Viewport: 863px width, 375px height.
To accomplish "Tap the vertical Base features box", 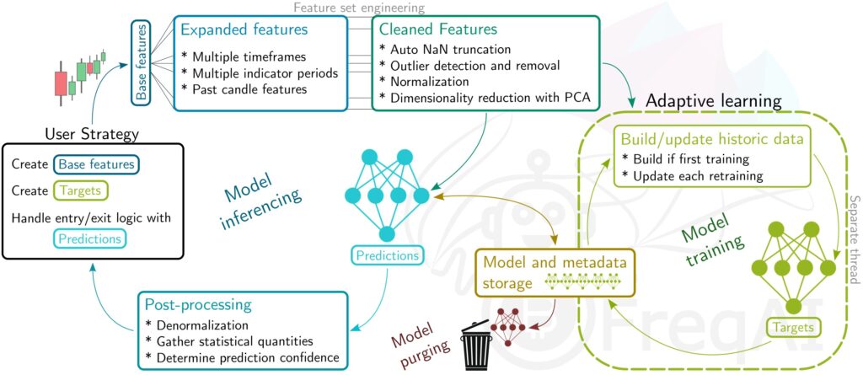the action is click(x=141, y=62).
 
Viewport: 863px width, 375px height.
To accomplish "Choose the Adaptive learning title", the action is click(x=714, y=101).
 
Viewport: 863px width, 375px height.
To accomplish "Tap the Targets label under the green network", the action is click(x=793, y=327).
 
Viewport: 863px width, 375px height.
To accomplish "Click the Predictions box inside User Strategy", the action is click(x=89, y=239).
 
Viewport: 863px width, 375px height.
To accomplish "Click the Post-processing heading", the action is click(x=197, y=304).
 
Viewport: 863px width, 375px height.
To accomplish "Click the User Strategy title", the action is click(x=92, y=133).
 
